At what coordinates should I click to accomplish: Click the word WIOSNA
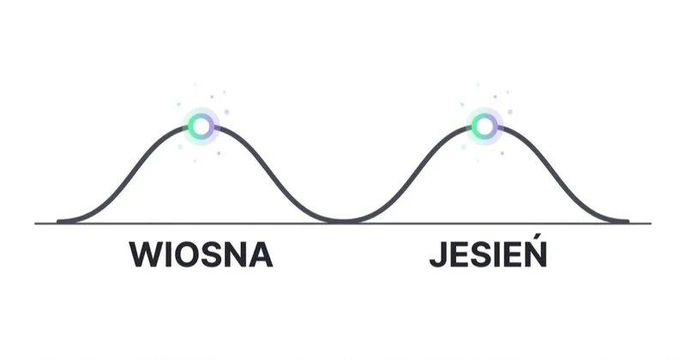pyautogui.click(x=201, y=255)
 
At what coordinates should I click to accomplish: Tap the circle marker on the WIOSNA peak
pyautogui.click(x=202, y=126)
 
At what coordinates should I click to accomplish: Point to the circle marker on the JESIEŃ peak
pyautogui.click(x=484, y=126)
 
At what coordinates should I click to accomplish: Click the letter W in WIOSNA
pyautogui.click(x=146, y=255)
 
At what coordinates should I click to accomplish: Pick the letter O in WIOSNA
pyautogui.click(x=187, y=255)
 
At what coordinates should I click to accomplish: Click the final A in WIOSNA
pyautogui.click(x=262, y=255)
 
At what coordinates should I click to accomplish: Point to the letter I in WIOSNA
pyautogui.click(x=168, y=255)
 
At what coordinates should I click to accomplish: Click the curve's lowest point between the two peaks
pyautogui.click(x=344, y=221)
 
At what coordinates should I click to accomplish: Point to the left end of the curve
pyautogui.click(x=58, y=221)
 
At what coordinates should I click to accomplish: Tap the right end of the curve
pyautogui.click(x=627, y=221)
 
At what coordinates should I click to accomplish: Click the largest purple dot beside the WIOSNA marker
pyautogui.click(x=226, y=112)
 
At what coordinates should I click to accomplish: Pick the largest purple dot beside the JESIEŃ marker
pyautogui.click(x=509, y=112)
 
